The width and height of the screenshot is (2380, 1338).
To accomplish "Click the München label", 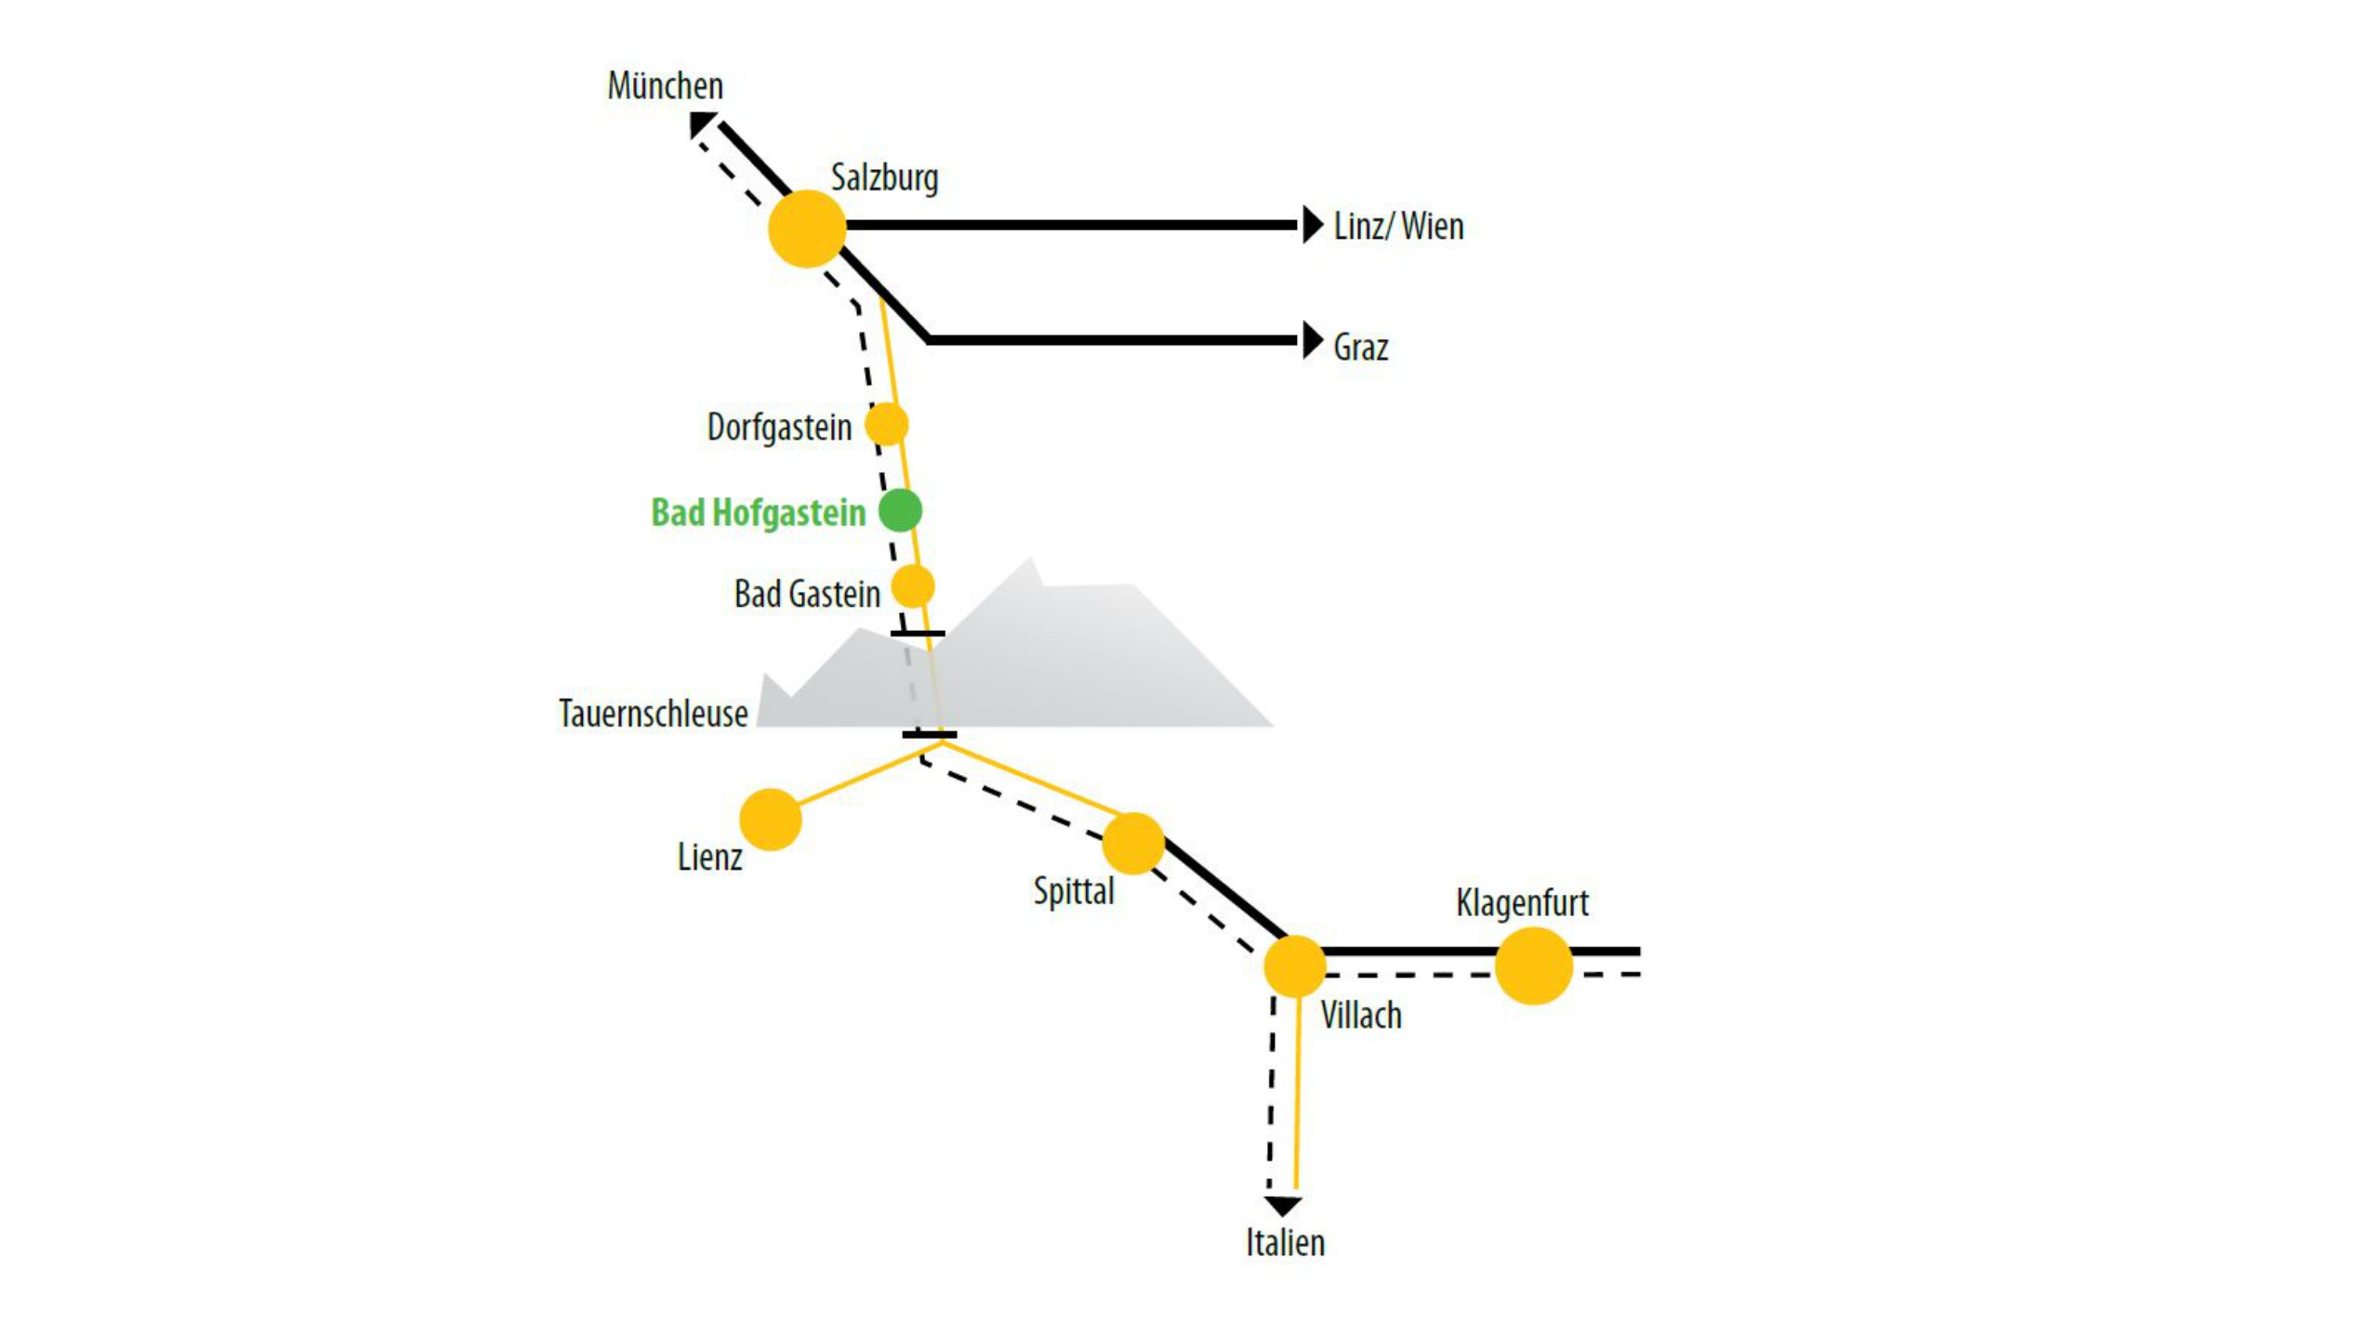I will (x=665, y=86).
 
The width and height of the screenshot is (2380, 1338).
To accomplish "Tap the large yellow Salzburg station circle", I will (x=807, y=229).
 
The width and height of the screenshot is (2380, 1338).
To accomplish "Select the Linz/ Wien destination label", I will (x=1398, y=227).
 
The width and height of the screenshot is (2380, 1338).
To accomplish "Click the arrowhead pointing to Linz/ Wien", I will (x=1312, y=225).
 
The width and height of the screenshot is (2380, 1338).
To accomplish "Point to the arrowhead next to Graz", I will (x=1312, y=341).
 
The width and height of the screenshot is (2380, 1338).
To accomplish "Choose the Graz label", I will (x=1360, y=348).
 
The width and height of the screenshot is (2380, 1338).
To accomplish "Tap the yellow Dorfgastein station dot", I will (x=886, y=425).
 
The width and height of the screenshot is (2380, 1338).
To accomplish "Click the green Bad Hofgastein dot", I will (x=900, y=510).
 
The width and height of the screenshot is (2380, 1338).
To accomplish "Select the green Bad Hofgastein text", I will (x=758, y=513).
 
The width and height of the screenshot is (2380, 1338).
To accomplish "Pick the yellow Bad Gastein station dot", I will (x=912, y=587).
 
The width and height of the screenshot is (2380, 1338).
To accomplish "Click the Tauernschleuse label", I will (x=653, y=714).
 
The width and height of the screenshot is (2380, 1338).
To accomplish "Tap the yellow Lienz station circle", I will (x=770, y=820).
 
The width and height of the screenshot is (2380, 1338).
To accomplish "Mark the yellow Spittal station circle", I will (x=1132, y=844).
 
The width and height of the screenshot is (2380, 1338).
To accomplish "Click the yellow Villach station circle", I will (x=1294, y=966).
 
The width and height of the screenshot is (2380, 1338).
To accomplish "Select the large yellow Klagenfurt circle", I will (x=1533, y=965).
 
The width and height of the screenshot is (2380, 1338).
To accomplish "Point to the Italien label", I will (x=1285, y=1243).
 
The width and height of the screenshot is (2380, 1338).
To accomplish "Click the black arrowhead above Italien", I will (x=1283, y=1206).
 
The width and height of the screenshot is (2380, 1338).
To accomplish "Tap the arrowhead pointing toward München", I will (x=700, y=124).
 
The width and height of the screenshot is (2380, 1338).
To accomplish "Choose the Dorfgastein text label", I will (x=779, y=427).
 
